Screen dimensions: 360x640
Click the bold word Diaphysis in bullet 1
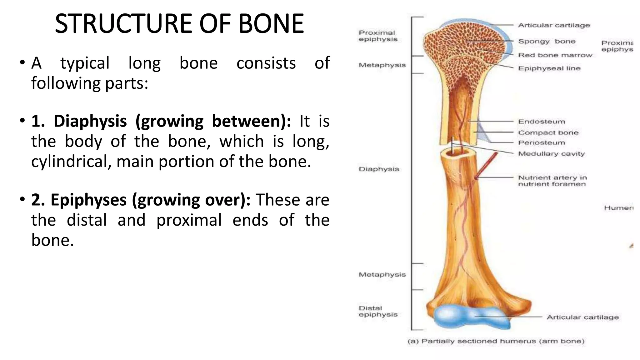90,121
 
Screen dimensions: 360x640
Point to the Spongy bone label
547,41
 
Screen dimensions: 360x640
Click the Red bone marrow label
555,55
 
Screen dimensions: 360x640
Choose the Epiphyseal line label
549,68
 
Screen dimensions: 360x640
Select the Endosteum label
542,122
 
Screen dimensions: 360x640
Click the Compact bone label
548,132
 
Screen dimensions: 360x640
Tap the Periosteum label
542,143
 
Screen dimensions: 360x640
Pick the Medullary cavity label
551,154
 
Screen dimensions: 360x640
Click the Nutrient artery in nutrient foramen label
552,181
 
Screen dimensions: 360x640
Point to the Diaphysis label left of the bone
379,169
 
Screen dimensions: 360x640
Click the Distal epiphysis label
378,311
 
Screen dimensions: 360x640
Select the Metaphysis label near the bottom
382,274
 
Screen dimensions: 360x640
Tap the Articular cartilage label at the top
554,25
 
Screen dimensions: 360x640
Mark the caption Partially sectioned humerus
496,341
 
